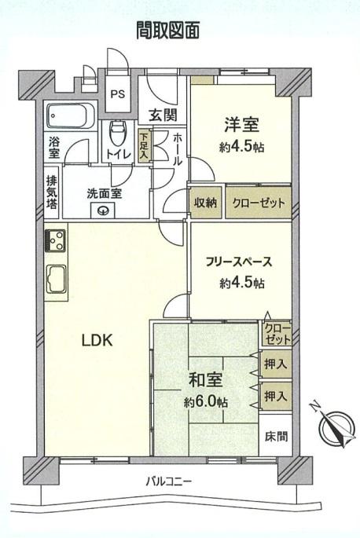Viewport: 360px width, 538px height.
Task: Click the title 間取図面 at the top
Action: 167,30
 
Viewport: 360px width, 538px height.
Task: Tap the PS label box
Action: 117,93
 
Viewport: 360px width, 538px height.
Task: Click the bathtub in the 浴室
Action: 71,115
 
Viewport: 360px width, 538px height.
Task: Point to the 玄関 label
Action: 163,115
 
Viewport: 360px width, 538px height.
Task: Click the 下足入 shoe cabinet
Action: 145,145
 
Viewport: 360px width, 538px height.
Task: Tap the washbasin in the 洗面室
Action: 102,210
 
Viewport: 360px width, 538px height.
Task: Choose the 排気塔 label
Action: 52,192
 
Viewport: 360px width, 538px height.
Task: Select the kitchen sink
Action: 57,279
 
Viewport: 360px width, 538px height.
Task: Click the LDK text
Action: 97,340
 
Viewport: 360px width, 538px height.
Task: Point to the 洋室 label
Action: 241,125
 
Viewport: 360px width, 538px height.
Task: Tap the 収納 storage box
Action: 206,203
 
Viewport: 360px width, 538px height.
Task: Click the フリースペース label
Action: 239,262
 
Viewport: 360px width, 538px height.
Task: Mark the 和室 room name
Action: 206,380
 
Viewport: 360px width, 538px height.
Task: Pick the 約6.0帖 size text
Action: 206,402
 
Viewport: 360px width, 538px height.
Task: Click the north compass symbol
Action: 336,426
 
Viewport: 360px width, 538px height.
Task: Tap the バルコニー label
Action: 169,481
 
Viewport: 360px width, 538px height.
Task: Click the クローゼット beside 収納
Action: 259,203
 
